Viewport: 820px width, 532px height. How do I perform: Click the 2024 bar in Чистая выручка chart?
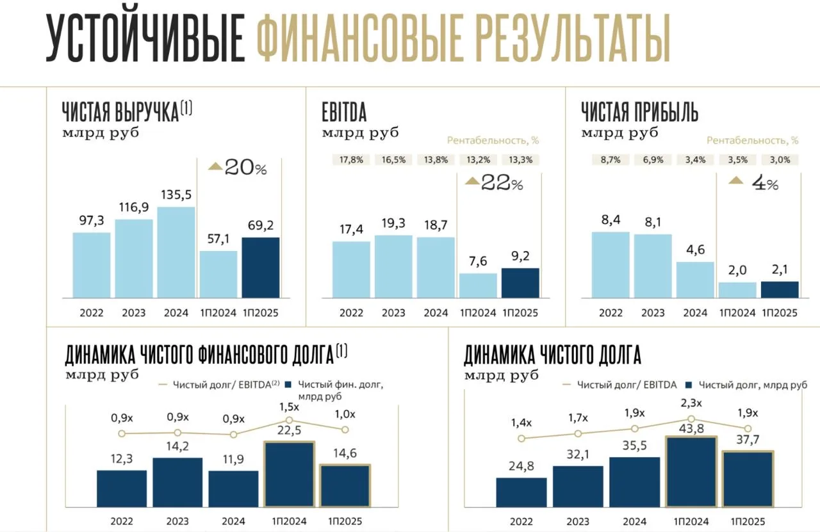[176, 252]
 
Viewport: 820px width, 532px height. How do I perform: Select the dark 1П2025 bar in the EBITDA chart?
[520, 283]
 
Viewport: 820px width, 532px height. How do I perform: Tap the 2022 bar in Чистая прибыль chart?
[611, 264]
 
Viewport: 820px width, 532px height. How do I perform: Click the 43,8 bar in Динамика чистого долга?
[691, 472]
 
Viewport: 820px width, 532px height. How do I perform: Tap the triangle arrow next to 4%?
[737, 182]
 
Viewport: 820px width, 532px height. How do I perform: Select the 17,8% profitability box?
[351, 160]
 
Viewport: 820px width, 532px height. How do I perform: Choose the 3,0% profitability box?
[780, 160]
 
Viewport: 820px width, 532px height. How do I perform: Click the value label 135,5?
[176, 194]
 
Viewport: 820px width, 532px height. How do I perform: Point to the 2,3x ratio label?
[691, 403]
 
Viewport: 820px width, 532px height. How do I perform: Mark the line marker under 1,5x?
[290, 420]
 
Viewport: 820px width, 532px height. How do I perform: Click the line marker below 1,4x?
[521, 439]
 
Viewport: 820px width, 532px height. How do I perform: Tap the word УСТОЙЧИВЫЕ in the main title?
[145, 40]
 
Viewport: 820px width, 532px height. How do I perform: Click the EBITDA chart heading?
[344, 113]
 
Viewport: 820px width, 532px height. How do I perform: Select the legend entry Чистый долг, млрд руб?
[746, 385]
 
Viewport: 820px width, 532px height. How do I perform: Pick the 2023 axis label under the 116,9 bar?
[134, 313]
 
